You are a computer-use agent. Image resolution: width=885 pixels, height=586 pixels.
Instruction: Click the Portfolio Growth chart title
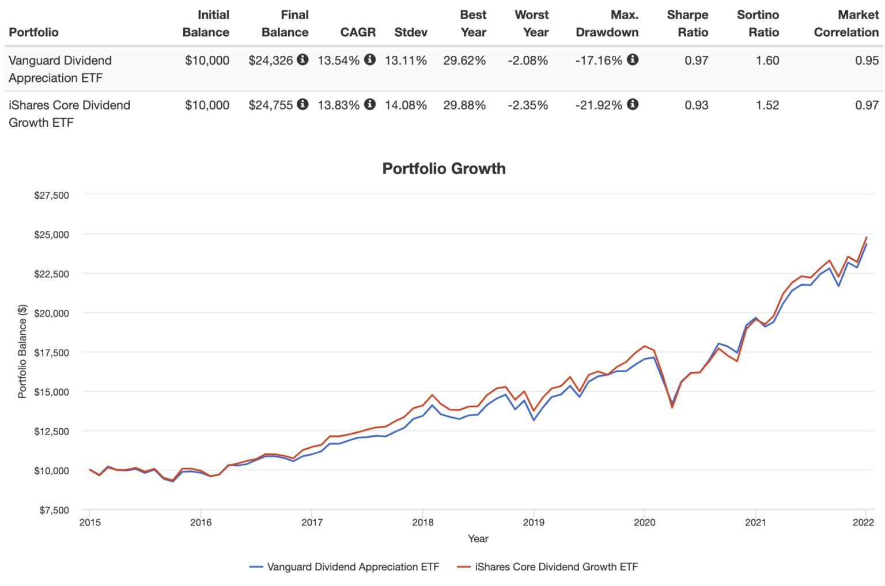(x=444, y=169)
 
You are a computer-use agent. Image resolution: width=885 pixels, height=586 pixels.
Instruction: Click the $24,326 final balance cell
(x=271, y=61)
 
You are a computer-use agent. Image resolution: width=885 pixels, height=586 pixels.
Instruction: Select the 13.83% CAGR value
(x=338, y=105)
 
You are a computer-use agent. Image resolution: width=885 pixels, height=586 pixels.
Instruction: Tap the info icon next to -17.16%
(x=633, y=60)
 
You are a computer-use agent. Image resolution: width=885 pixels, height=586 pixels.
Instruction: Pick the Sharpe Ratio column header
(x=687, y=24)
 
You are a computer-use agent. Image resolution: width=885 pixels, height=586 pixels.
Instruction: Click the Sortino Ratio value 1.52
(x=767, y=105)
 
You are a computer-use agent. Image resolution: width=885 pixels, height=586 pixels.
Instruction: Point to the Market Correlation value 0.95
(x=867, y=61)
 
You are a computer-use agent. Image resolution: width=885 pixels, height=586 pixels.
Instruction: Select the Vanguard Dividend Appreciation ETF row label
(x=60, y=69)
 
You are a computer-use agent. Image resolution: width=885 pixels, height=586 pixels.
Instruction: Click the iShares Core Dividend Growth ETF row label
(x=69, y=114)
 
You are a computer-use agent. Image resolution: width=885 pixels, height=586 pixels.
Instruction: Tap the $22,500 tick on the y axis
(x=51, y=274)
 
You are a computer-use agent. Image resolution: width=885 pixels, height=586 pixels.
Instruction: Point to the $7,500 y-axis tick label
(x=54, y=510)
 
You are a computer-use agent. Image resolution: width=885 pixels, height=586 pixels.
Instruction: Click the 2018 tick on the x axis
(x=422, y=523)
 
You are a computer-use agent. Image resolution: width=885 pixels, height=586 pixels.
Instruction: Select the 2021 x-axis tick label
(x=755, y=523)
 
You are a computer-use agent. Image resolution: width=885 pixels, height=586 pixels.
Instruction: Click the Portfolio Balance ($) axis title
(x=22, y=351)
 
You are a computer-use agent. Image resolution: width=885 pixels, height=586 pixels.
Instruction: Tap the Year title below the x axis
(x=478, y=539)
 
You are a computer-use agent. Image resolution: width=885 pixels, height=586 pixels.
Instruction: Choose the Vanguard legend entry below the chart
(x=344, y=567)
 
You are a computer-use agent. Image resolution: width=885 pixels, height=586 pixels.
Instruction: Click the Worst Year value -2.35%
(x=528, y=105)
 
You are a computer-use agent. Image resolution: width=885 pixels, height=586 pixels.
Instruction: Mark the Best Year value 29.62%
(x=464, y=61)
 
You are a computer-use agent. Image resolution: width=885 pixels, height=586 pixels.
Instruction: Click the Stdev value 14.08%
(x=406, y=105)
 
